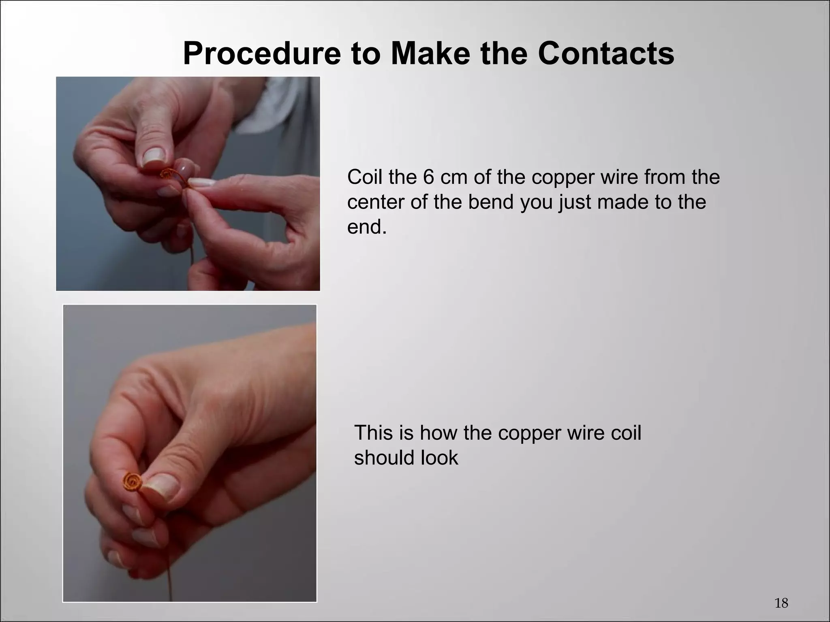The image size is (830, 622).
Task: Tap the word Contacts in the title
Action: coord(606,54)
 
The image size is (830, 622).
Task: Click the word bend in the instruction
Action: coord(491,202)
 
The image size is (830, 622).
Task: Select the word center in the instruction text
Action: coord(376,202)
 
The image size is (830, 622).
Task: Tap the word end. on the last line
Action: coord(367,227)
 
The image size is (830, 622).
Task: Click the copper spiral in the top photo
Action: coord(166,175)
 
